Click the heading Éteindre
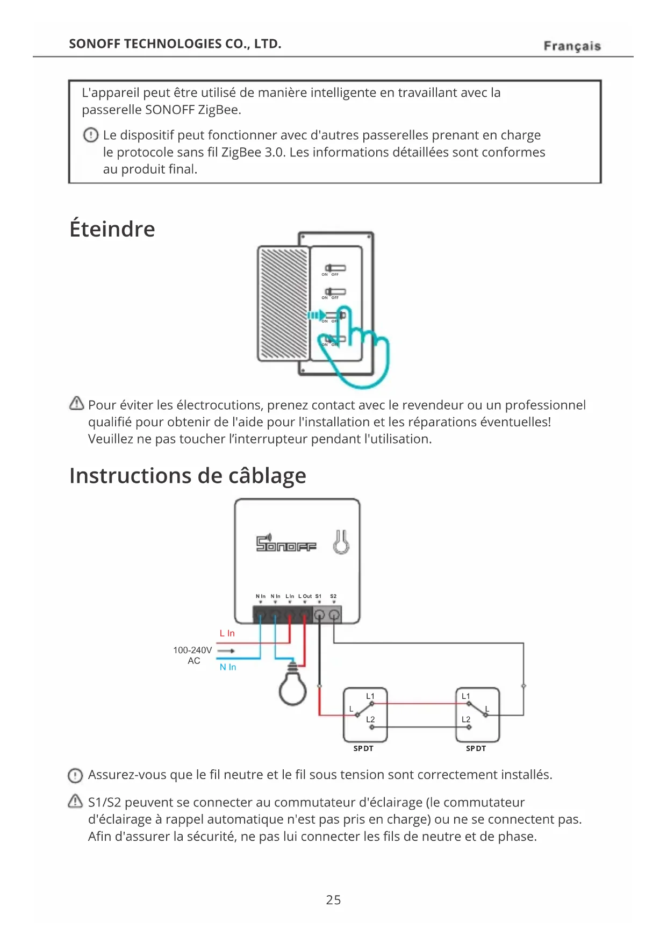click(112, 229)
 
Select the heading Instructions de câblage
click(188, 476)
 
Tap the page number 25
click(333, 899)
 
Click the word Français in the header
click(572, 46)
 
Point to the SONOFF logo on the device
click(286, 544)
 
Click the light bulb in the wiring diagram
click(293, 686)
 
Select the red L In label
click(227, 633)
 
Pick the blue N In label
click(228, 667)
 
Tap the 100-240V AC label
click(192, 655)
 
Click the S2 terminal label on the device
click(333, 596)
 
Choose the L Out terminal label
click(305, 596)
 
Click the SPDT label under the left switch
click(363, 748)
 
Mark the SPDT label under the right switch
click(476, 748)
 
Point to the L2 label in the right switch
click(466, 719)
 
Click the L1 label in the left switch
click(370, 696)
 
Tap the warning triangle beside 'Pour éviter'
click(77, 403)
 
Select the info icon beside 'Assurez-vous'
click(75, 775)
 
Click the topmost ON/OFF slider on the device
click(335, 268)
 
